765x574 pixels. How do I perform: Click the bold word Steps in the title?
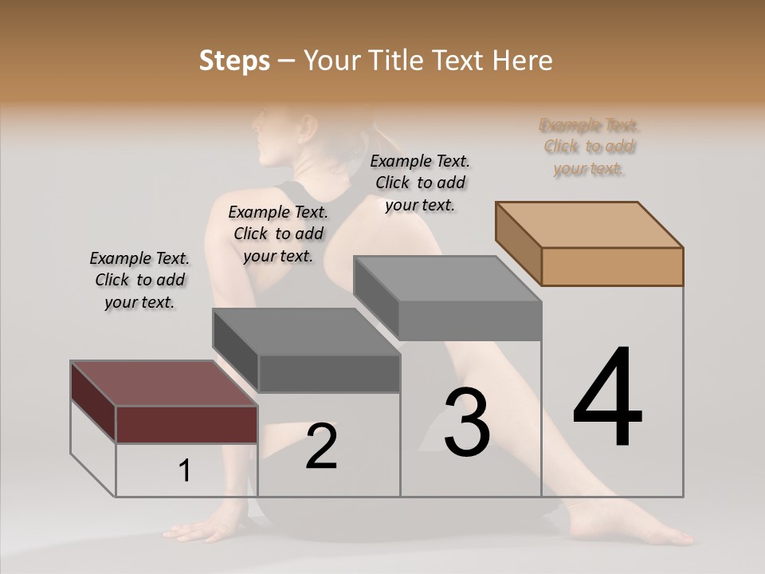[234, 61]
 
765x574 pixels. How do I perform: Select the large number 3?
[466, 423]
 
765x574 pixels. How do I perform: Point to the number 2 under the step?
[321, 446]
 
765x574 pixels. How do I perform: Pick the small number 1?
[185, 471]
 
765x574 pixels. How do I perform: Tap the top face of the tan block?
[590, 224]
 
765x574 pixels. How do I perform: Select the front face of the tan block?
[612, 266]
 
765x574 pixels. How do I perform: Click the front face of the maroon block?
[186, 424]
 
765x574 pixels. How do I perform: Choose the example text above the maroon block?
[139, 281]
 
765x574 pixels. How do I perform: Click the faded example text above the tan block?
[590, 147]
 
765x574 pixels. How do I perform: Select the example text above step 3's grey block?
[420, 183]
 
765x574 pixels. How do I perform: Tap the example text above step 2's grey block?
[278, 234]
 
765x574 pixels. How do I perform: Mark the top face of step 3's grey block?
[446, 279]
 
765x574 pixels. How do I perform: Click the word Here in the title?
[524, 61]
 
